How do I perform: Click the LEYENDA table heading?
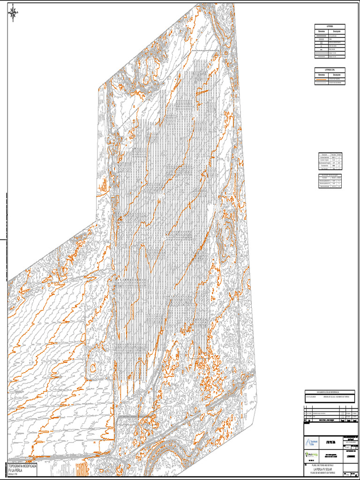(x=330, y=26)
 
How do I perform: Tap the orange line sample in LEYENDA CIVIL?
(x=322, y=79)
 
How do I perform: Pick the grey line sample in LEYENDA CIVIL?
(x=322, y=83)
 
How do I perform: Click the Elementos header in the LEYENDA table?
(x=322, y=31)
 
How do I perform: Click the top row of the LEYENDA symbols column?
(x=322, y=35)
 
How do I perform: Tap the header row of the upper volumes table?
(x=330, y=154)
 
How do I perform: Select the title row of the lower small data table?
(x=330, y=174)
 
